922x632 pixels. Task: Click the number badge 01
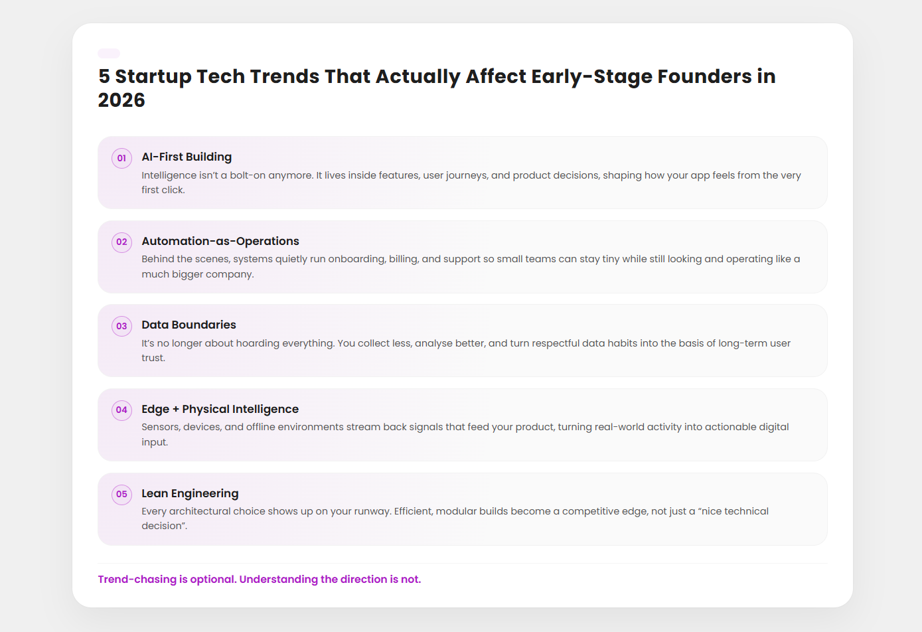coord(121,158)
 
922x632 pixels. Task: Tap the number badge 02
coord(121,242)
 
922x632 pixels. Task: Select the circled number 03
coord(121,326)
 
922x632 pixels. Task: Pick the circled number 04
coord(121,410)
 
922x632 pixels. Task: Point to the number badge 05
coord(121,494)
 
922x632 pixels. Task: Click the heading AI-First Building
coord(187,157)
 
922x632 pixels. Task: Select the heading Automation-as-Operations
coord(220,241)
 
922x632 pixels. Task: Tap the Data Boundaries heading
coord(189,325)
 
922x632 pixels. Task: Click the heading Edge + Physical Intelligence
coord(220,409)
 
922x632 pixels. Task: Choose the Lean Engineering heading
coord(190,493)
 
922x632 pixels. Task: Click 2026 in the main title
coord(121,100)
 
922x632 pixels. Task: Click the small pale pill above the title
coord(109,53)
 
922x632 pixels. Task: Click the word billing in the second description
coord(403,259)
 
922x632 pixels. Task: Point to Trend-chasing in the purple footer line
coord(137,580)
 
